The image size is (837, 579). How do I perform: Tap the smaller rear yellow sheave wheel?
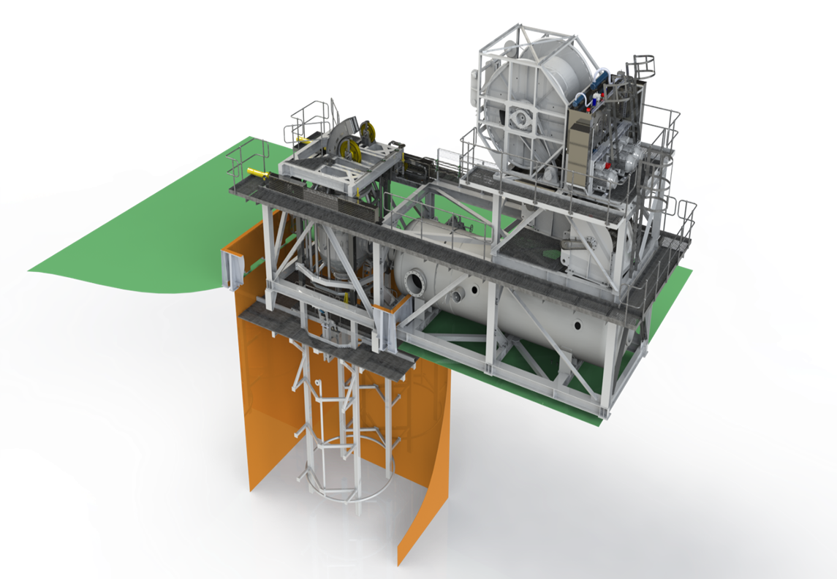(x=368, y=132)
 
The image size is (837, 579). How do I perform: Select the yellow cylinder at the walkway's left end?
(x=259, y=173)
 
